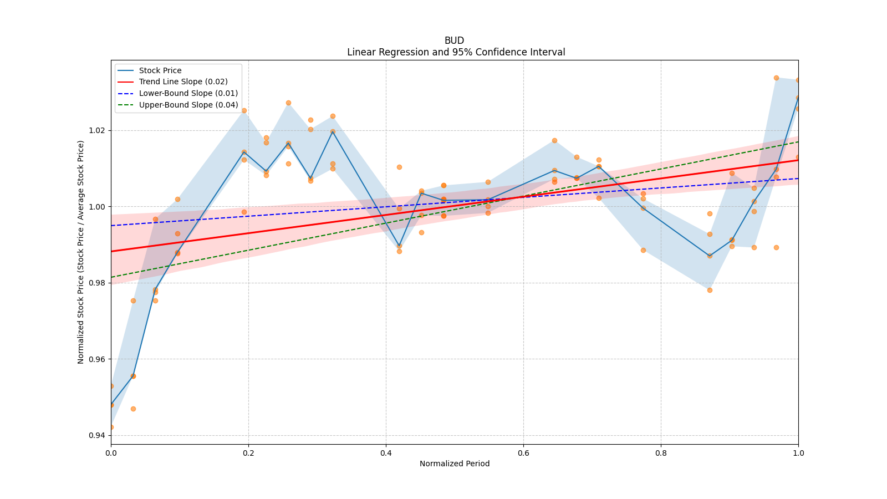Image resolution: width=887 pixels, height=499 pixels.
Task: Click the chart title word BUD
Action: click(454, 40)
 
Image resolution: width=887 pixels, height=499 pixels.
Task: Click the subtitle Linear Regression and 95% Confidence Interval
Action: click(456, 52)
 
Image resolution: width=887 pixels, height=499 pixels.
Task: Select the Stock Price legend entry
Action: click(160, 70)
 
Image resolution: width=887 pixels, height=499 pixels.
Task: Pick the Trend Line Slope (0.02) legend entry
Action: click(183, 82)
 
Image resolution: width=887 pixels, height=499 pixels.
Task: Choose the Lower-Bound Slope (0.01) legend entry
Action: click(188, 93)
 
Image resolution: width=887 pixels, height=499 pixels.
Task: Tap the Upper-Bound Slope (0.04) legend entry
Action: click(188, 105)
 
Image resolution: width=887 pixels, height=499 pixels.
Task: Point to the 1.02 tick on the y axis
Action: click(97, 131)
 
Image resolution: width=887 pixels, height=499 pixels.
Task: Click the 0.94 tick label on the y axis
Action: click(97, 435)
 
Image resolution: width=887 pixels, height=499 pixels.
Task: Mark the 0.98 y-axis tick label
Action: click(97, 283)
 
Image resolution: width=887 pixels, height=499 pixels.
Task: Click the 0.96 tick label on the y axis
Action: click(97, 359)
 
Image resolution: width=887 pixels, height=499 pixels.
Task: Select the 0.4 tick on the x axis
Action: click(386, 453)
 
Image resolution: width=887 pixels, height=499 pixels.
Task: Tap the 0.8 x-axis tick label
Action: click(661, 453)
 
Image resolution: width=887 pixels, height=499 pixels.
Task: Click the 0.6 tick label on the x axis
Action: click(523, 453)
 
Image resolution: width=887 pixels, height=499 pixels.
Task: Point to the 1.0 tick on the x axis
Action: click(798, 453)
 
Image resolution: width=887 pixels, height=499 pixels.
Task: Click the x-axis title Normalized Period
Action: click(455, 464)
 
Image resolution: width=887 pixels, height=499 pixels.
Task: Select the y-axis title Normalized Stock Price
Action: click(81, 252)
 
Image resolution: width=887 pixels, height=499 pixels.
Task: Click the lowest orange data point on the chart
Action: click(111, 427)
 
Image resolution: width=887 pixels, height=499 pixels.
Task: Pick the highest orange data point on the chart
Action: click(776, 78)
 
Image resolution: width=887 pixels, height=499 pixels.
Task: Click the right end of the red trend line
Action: click(798, 160)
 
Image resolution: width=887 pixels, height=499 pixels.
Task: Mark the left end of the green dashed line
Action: click(111, 277)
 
